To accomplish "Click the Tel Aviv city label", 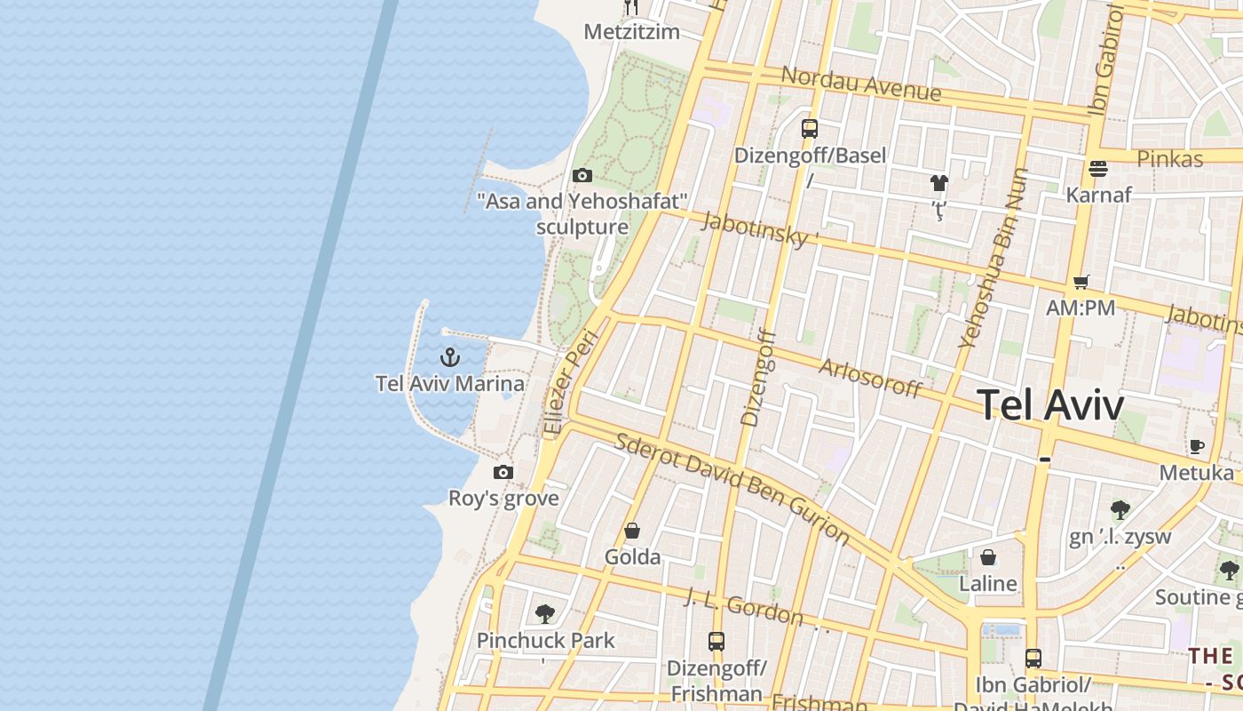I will (x=1051, y=405).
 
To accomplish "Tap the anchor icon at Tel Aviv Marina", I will (x=450, y=357).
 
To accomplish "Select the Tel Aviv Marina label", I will (x=449, y=384).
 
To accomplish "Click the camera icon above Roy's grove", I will (x=503, y=472).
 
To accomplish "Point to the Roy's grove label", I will (x=503, y=498).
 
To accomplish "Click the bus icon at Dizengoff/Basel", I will (x=809, y=129).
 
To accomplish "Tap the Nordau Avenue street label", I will (x=860, y=83).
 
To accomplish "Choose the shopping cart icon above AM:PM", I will (x=1081, y=283).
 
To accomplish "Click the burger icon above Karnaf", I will (x=1098, y=169).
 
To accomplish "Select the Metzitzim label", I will (x=631, y=32).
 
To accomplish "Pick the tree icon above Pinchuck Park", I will (x=545, y=613).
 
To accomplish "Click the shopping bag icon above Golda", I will (x=632, y=531).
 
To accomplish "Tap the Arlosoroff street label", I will (x=870, y=378).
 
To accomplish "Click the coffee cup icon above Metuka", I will (x=1197, y=446).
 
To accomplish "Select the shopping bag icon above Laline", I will (x=987, y=558).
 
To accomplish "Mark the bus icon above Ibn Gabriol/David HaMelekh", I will (x=1033, y=659).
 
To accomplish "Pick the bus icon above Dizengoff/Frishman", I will (x=716, y=641).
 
